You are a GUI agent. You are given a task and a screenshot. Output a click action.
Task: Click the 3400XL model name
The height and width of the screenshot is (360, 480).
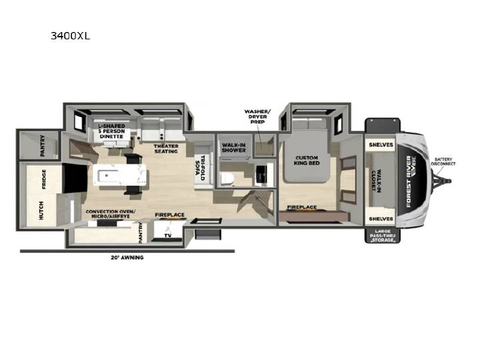(71, 36)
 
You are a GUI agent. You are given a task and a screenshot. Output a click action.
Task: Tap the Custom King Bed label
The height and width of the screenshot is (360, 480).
(307, 161)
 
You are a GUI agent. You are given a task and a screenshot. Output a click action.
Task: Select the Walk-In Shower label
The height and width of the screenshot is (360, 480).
(233, 147)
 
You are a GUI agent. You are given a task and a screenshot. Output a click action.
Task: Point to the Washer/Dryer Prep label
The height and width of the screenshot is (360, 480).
(257, 116)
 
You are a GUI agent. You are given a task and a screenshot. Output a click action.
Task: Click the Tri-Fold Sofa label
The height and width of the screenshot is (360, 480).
(203, 167)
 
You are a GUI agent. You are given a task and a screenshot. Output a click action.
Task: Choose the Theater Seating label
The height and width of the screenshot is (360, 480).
(166, 149)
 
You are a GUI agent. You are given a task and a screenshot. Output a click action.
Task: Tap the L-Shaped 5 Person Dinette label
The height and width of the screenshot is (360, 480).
(111, 131)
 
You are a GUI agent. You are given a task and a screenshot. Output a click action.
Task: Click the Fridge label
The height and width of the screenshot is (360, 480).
(44, 179)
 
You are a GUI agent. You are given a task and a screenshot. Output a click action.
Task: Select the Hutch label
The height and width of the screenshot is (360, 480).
(41, 210)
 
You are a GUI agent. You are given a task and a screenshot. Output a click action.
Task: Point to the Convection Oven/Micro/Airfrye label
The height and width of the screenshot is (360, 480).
(111, 214)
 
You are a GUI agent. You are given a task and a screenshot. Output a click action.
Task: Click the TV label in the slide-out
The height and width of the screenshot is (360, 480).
(168, 235)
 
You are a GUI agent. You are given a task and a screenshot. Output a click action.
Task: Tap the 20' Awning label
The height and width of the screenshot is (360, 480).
(127, 257)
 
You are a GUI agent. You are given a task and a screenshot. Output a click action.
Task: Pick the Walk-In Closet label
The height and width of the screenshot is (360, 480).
(376, 181)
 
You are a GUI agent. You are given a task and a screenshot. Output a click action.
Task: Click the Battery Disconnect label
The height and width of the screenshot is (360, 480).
(443, 161)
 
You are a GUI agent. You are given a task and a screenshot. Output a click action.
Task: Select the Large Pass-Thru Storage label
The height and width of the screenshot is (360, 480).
(383, 236)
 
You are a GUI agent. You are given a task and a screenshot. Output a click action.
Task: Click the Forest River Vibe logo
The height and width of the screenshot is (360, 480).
(411, 181)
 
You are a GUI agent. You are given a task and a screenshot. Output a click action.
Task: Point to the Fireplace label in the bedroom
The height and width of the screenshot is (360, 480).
(302, 207)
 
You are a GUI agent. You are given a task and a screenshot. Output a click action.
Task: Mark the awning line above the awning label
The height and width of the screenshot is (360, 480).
(127, 251)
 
